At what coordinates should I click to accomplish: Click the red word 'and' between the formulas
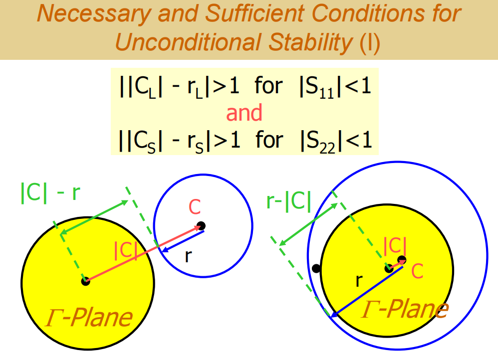pos(244,113)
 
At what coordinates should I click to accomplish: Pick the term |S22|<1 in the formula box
pos(336,140)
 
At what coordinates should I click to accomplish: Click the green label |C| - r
pos(50,193)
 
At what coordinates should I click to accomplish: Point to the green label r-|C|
pos(288,202)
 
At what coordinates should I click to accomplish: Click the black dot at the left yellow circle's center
pos(85,281)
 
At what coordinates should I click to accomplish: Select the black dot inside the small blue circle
pos(201,225)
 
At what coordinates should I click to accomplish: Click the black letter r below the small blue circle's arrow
pos(188,256)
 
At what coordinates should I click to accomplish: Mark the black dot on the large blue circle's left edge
pos(316,269)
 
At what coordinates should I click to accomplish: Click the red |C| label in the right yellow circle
pos(395,245)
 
